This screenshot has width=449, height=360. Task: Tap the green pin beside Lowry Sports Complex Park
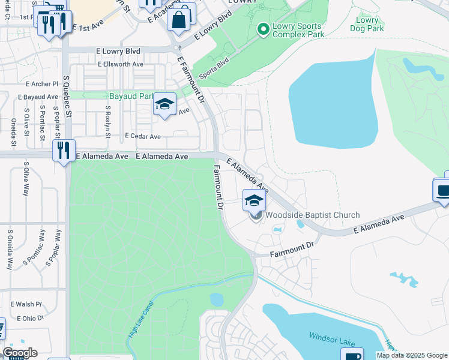pyautogui.click(x=262, y=29)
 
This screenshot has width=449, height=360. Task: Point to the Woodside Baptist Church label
pyautogui.click(x=313, y=215)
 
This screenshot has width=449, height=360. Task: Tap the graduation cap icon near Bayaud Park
pyautogui.click(x=164, y=104)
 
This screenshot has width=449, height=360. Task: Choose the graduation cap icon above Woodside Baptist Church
pyautogui.click(x=254, y=200)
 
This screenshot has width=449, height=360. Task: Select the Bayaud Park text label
pyautogui.click(x=131, y=96)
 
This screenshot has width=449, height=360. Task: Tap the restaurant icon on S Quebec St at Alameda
pyautogui.click(x=64, y=150)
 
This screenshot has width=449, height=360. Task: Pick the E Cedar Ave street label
pyautogui.click(x=142, y=137)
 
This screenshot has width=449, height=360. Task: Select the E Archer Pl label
pyautogui.click(x=41, y=84)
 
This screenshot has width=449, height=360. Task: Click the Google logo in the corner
pyautogui.click(x=19, y=352)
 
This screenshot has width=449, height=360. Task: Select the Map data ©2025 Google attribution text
pyautogui.click(x=411, y=355)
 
